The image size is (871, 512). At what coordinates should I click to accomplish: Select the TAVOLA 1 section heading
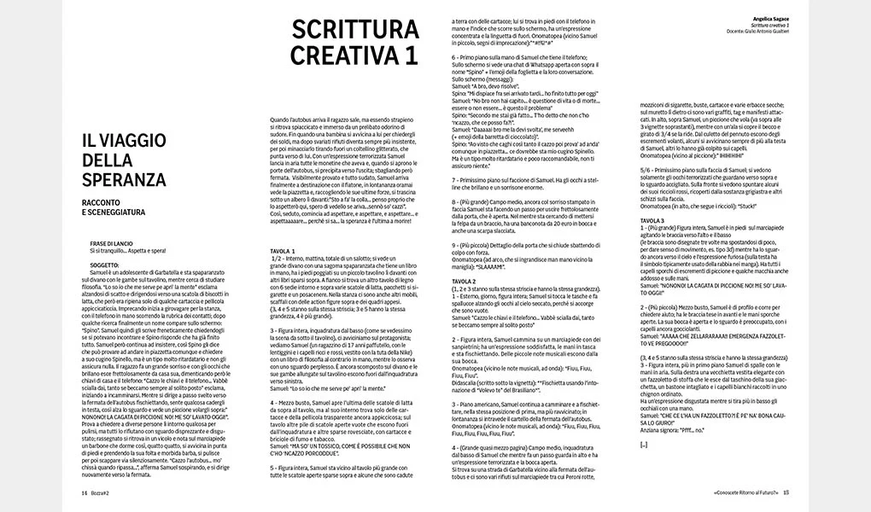[283, 252]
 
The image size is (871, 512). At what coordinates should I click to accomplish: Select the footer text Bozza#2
[102, 492]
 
